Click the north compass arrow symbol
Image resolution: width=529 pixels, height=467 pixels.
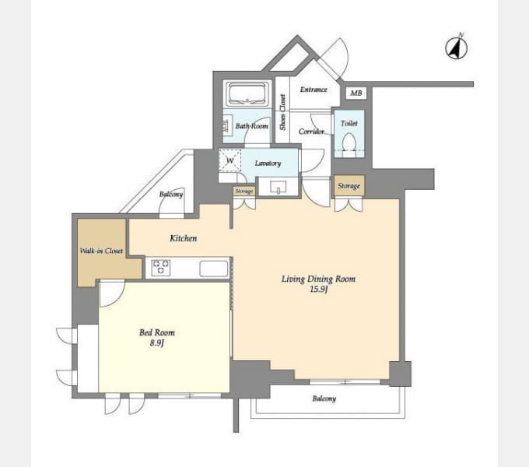(456, 47)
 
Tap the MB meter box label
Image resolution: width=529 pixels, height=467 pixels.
(356, 93)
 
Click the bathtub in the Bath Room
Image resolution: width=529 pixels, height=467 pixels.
(247, 93)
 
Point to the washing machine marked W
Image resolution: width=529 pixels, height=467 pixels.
(229, 160)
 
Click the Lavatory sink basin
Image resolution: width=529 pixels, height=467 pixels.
(278, 187)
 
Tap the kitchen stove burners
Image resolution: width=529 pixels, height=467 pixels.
(160, 267)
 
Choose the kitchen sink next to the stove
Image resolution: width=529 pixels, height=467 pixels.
(214, 269)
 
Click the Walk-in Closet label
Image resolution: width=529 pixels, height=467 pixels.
(101, 251)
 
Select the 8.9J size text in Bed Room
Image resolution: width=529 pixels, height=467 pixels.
(157, 343)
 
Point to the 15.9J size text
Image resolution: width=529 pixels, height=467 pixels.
(318, 290)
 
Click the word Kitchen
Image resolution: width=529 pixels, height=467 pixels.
(183, 238)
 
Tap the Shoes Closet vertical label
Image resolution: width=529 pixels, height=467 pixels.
(282, 112)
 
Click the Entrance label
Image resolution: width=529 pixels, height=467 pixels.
(314, 90)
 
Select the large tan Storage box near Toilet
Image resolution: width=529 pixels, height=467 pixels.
(349, 185)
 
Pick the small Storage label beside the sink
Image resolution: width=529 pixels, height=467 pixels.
(244, 191)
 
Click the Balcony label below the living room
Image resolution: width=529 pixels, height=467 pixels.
(324, 399)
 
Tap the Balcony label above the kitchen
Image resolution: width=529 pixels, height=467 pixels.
(171, 194)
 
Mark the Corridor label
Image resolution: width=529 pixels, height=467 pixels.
(311, 132)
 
